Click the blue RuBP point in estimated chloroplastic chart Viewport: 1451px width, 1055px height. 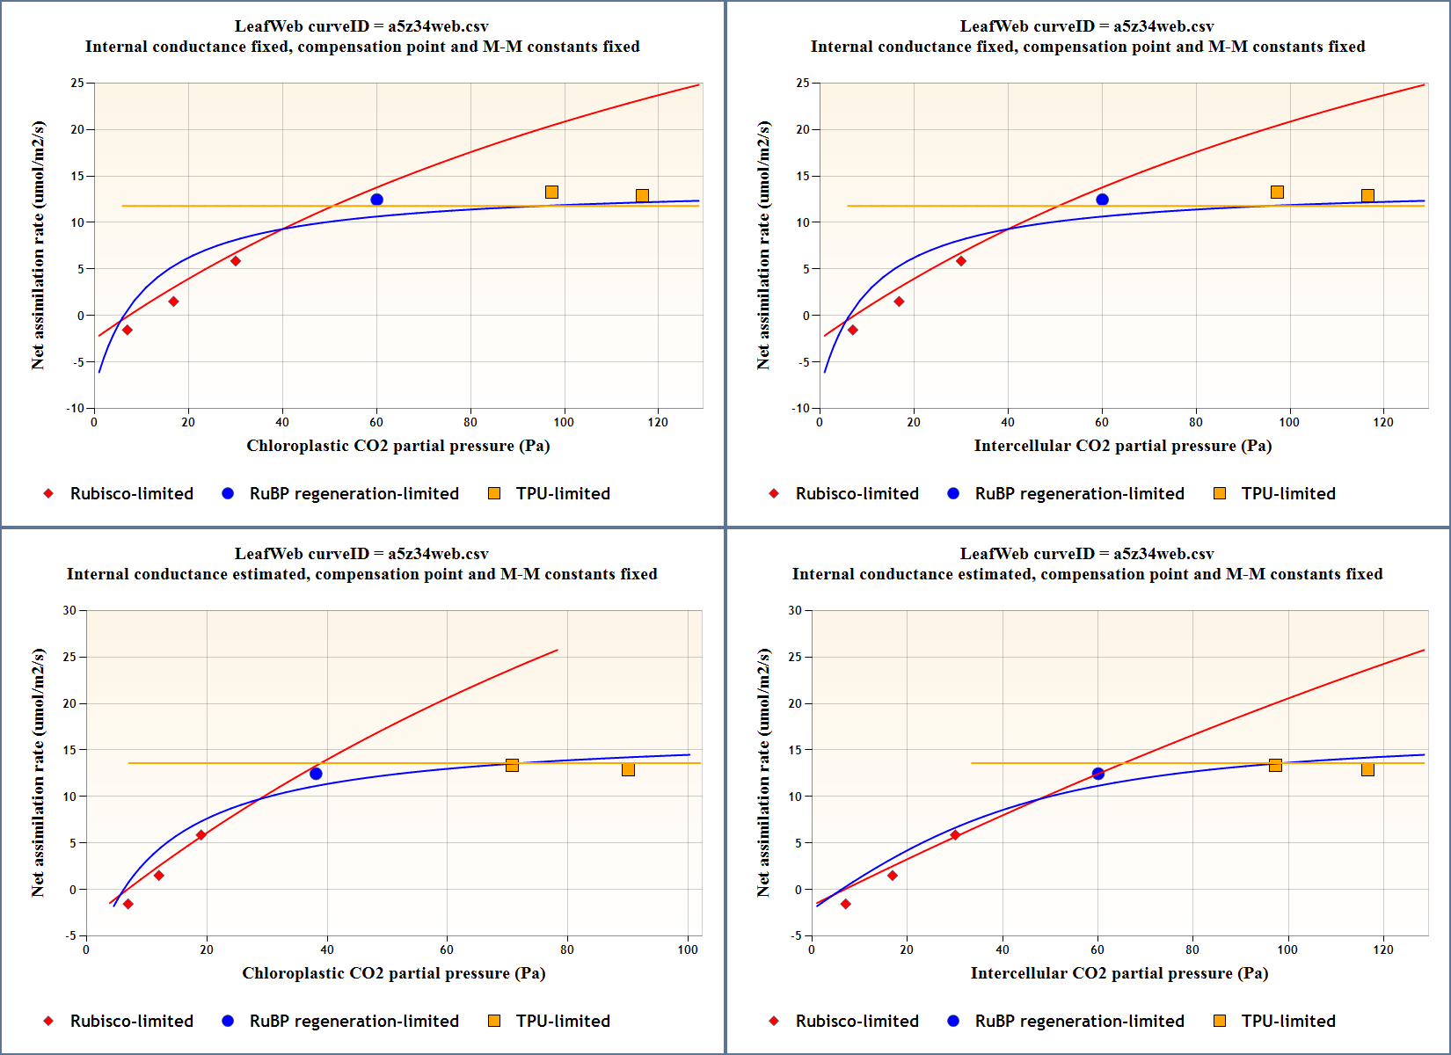tap(316, 774)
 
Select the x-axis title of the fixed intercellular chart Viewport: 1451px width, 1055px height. tap(1122, 446)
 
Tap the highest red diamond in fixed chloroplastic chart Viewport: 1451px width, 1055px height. tap(236, 261)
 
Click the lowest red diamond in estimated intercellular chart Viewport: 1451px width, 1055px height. tap(846, 904)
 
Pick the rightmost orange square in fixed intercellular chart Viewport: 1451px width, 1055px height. tap(1367, 195)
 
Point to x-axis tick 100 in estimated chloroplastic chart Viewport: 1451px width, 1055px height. tap(688, 949)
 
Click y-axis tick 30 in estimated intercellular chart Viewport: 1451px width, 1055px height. tap(795, 610)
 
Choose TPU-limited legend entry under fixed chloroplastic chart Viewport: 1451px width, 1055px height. tap(549, 493)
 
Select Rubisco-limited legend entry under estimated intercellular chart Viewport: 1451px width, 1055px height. tap(843, 1021)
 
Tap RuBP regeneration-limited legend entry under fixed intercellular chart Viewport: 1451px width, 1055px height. tap(1066, 493)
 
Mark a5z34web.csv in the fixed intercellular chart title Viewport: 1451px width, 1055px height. tap(1163, 26)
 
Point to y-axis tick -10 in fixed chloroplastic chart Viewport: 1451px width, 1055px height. tap(76, 408)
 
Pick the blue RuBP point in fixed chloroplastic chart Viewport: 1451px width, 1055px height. tap(376, 200)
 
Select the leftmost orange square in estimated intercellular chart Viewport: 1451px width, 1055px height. tap(1275, 765)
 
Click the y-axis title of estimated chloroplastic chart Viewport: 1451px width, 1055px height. tap(38, 773)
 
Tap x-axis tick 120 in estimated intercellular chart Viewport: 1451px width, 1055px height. tap(1383, 949)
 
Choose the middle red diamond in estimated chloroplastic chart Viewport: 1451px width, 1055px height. tap(159, 876)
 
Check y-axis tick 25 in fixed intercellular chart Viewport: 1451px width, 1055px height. tap(802, 83)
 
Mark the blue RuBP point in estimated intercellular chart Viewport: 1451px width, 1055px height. tap(1097, 774)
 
